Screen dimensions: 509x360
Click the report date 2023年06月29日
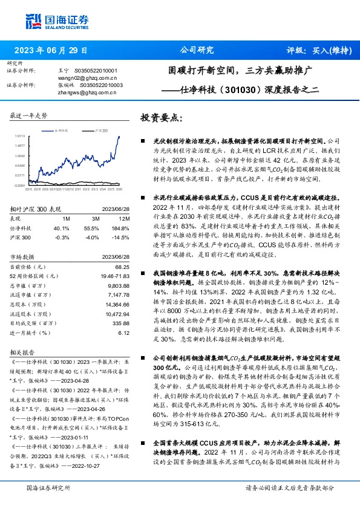pyautogui.click(x=51, y=51)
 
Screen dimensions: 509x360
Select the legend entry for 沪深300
pyautogui.click(x=100, y=130)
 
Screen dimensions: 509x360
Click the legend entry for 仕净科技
pyautogui.click(x=63, y=130)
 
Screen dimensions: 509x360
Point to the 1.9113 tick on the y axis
pyautogui.click(x=20, y=136)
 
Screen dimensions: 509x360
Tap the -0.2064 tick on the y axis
pyautogui.click(x=20, y=185)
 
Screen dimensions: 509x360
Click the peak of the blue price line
pyautogui.click(x=119, y=137)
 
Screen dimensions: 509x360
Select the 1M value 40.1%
pyautogui.click(x=62, y=227)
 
